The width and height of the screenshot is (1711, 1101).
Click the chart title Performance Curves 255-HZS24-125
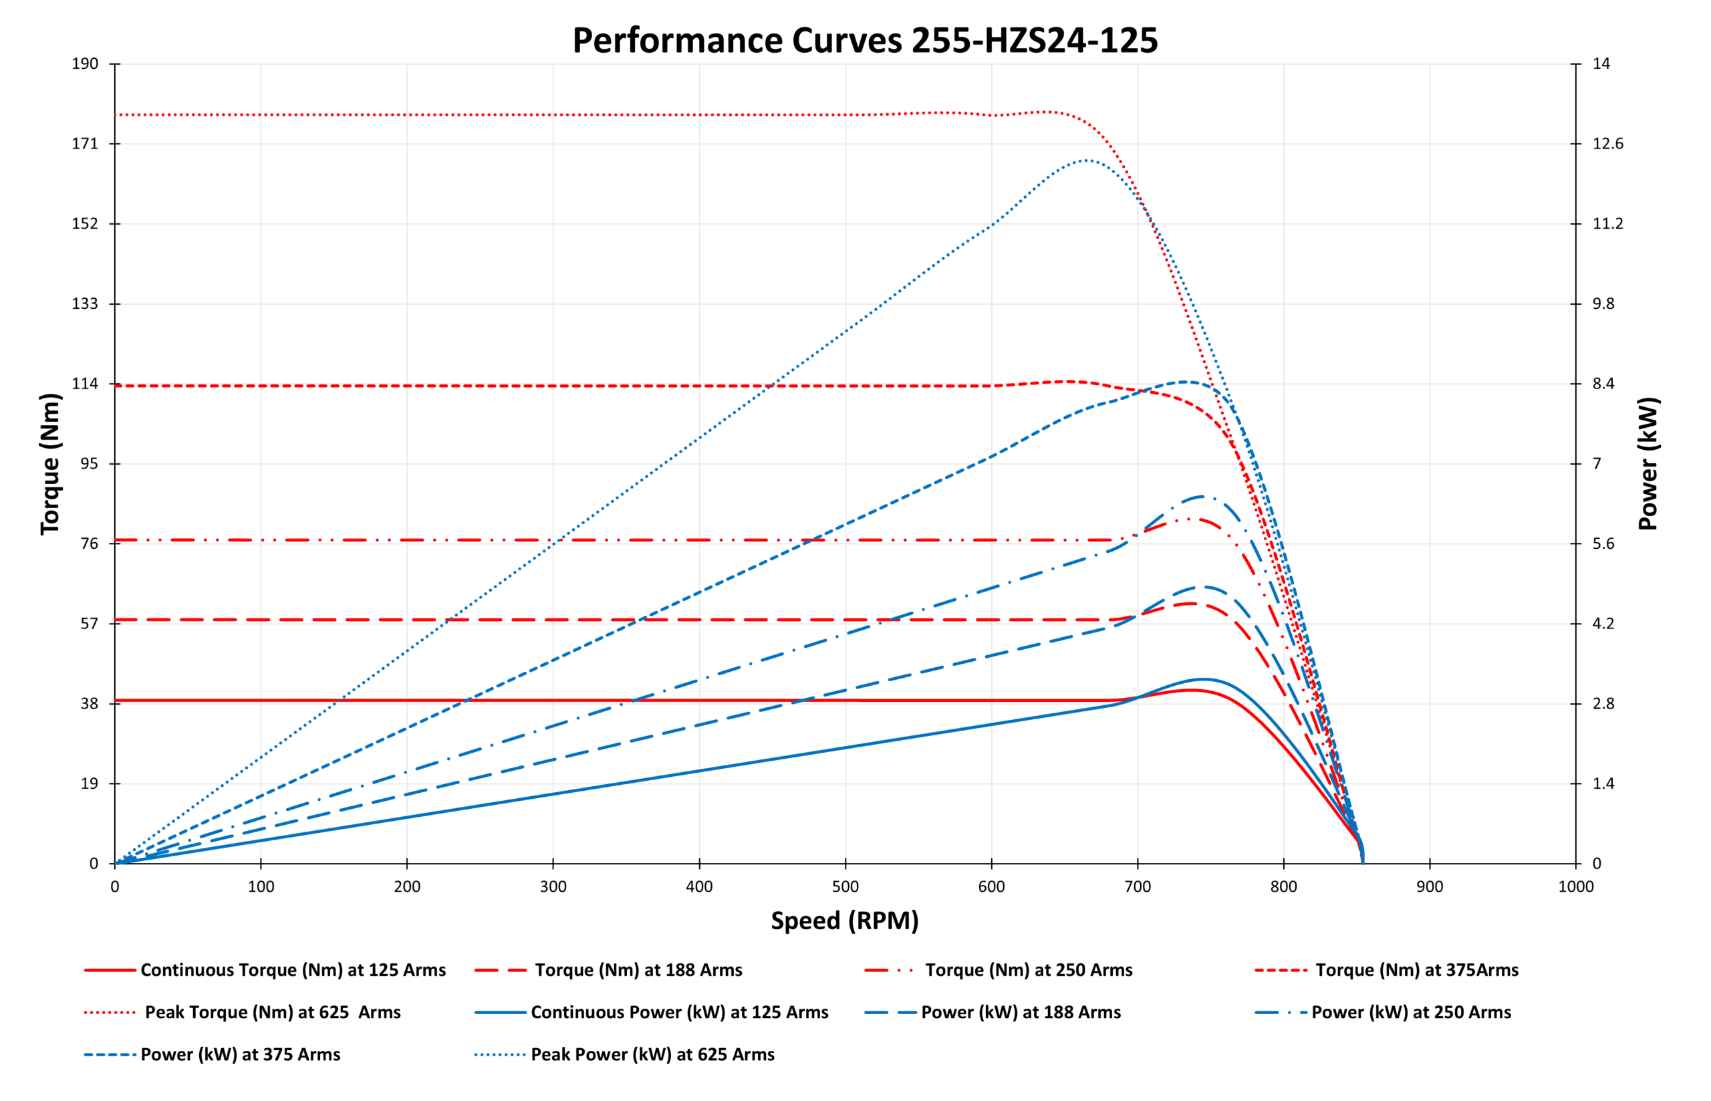point(864,40)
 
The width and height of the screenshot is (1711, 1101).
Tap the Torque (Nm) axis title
point(50,463)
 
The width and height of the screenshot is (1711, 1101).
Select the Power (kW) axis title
point(1649,463)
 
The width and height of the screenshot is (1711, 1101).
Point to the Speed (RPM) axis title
point(844,921)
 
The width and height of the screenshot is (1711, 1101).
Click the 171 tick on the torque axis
point(85,144)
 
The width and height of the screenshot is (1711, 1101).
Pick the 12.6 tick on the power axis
point(1607,144)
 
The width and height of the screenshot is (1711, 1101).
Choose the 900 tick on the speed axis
point(1430,887)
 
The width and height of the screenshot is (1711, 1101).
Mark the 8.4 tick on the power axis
point(1603,384)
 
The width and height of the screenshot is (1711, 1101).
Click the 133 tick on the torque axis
point(85,304)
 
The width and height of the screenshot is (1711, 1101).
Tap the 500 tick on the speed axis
point(845,887)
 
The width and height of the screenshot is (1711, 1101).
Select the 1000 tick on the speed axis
point(1575,887)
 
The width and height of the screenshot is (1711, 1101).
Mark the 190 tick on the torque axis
point(85,64)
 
